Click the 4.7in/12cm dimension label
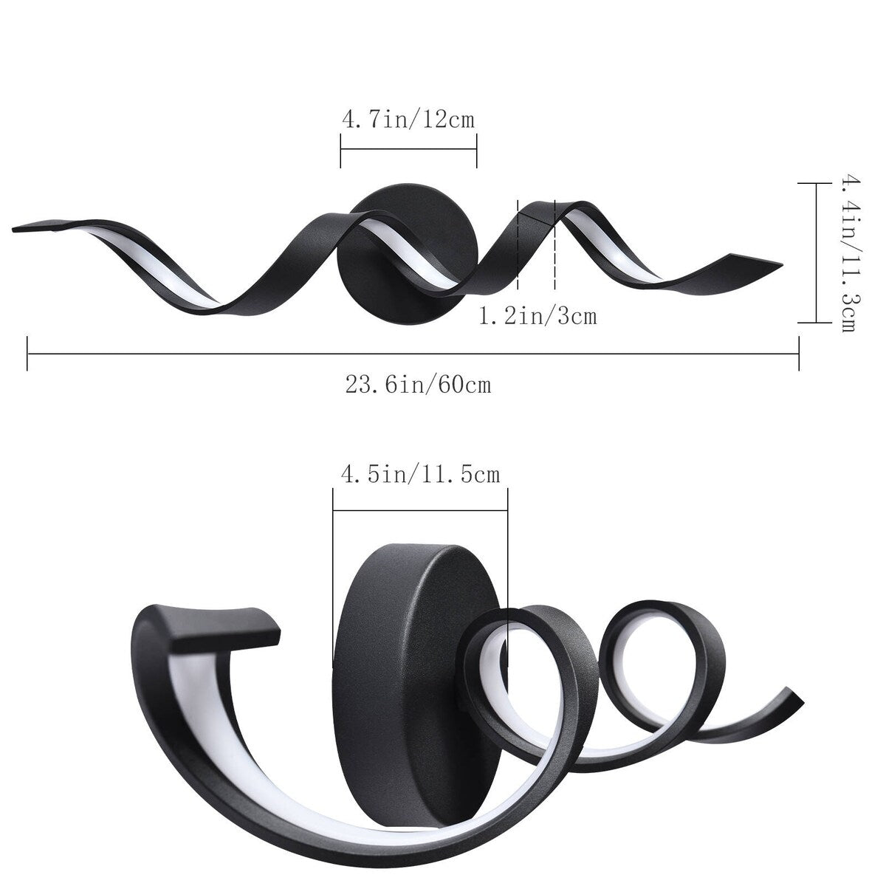[x=408, y=119]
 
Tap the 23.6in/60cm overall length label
[x=418, y=385]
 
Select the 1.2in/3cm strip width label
[x=538, y=317]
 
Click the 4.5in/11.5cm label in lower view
[x=419, y=474]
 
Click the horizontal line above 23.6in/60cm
[x=413, y=354]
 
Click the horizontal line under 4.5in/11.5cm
[x=419, y=509]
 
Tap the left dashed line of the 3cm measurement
[x=518, y=244]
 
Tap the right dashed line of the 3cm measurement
[x=554, y=244]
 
